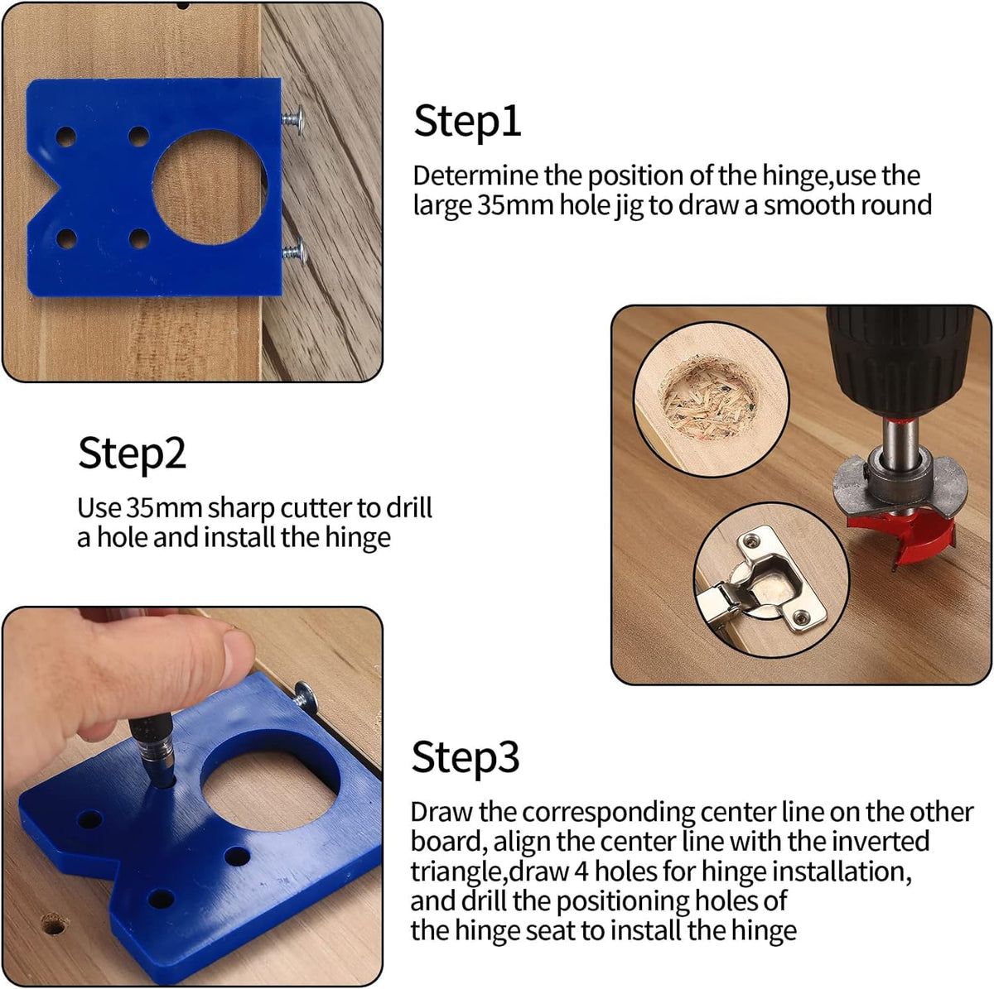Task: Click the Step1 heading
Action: pyautogui.click(x=467, y=121)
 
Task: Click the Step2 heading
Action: pyautogui.click(x=133, y=454)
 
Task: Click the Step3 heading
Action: pyautogui.click(x=466, y=756)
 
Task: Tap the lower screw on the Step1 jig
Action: pyautogui.click(x=295, y=252)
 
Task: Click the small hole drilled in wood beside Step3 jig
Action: pyautogui.click(x=54, y=920)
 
